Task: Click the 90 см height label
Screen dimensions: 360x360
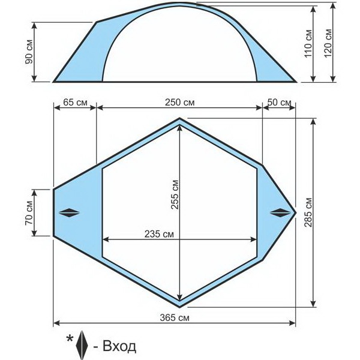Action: click(x=29, y=52)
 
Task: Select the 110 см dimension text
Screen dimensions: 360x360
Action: click(x=308, y=43)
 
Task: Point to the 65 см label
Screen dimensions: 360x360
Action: click(x=75, y=102)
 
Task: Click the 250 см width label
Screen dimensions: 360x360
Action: click(x=179, y=103)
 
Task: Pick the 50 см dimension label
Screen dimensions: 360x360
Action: click(x=279, y=102)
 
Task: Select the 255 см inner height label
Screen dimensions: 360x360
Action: click(x=175, y=194)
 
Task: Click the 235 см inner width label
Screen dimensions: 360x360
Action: click(x=159, y=234)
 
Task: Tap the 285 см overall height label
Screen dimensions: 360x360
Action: click(x=308, y=212)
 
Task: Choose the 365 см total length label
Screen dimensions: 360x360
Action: click(x=175, y=318)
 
